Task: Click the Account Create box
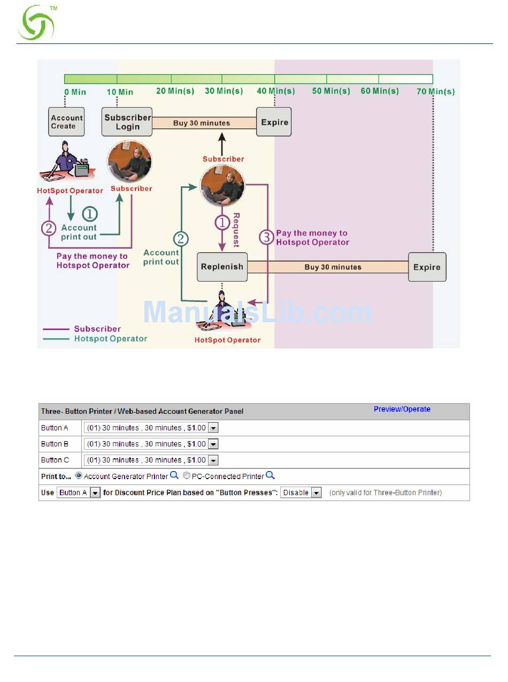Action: point(67,122)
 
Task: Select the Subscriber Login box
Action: point(127,122)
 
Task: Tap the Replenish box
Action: point(222,267)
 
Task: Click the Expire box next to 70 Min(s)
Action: point(427,267)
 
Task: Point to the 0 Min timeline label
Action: point(75,92)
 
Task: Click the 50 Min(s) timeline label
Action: point(331,91)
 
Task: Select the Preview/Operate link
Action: point(402,410)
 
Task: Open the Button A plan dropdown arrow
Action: point(213,428)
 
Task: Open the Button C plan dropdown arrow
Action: point(213,460)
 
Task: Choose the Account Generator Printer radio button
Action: point(79,475)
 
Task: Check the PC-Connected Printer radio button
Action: point(187,475)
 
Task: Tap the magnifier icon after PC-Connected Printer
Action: point(270,475)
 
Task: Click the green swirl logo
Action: point(36,24)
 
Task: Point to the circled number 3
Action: point(266,238)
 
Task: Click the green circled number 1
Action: point(89,214)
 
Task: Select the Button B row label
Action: point(55,444)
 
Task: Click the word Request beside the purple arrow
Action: point(236,230)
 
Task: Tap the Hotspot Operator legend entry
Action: point(110,338)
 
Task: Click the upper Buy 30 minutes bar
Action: point(202,123)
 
